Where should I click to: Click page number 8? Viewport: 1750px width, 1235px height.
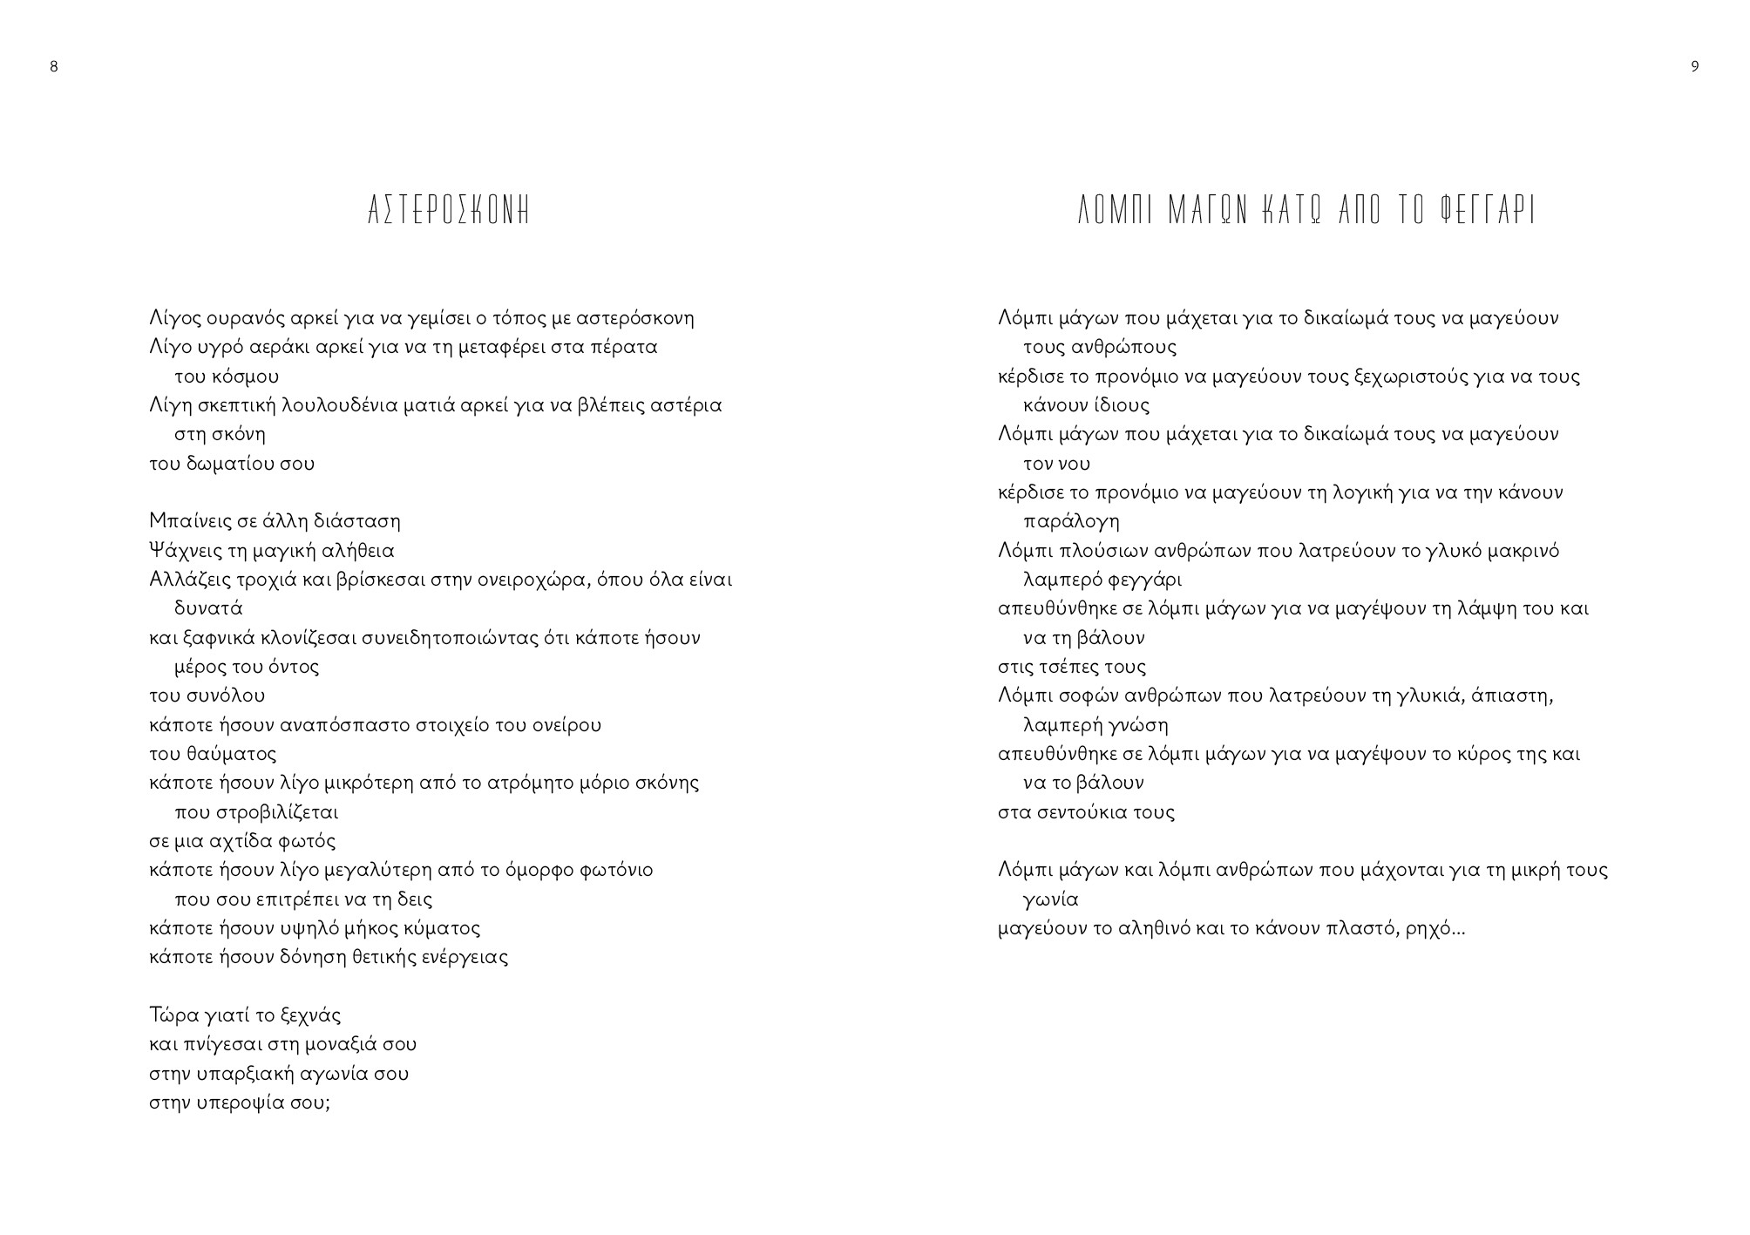click(x=54, y=67)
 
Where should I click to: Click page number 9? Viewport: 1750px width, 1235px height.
click(x=1694, y=67)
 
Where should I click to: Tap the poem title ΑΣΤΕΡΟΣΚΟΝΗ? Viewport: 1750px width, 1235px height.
click(x=449, y=212)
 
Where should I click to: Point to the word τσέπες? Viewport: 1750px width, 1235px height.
click(x=1073, y=668)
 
